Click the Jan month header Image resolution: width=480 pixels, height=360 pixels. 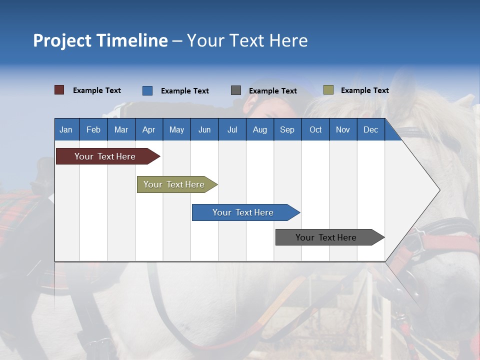point(66,130)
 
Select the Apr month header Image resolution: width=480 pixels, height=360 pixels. point(148,130)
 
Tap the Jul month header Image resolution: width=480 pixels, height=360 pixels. point(232,130)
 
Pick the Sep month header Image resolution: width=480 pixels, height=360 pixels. point(287,130)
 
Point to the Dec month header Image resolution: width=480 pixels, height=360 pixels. point(370,130)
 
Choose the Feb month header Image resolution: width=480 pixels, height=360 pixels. point(93,130)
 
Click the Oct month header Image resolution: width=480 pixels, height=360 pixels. point(315,130)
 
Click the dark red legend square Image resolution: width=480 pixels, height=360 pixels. point(59,90)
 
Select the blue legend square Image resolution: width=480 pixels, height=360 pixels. point(147,90)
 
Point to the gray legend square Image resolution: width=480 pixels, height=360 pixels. point(236,90)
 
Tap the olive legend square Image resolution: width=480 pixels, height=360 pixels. point(328,90)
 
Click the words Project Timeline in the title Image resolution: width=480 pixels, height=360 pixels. point(100,40)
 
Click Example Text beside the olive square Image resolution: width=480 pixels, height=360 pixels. point(364,90)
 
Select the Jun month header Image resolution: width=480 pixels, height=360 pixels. point(204,130)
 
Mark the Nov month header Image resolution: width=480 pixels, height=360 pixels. point(343,130)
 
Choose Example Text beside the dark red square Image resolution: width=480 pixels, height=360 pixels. point(97,90)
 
